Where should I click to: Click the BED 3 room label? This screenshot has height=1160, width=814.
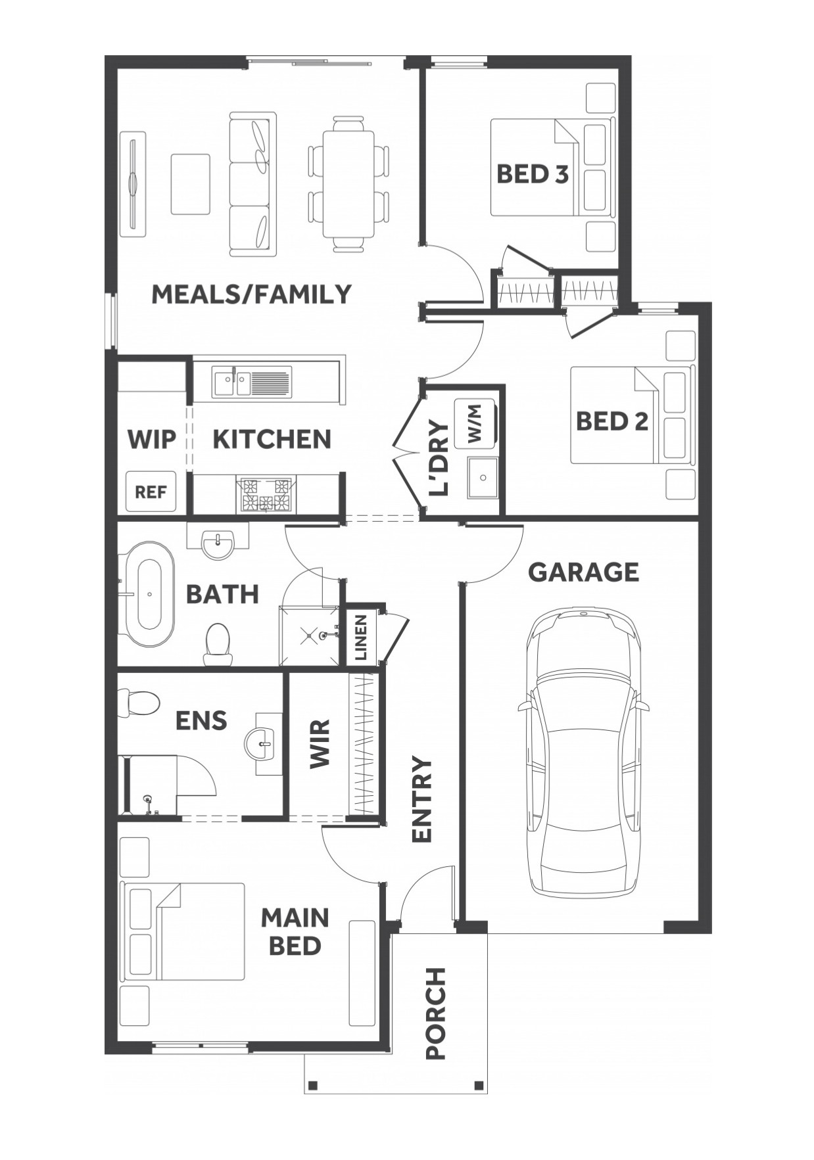[x=532, y=174]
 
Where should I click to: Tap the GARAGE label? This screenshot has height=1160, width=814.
[x=583, y=572]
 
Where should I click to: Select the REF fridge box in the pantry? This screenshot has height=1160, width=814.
[x=151, y=492]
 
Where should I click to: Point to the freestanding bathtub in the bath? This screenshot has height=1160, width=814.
[x=147, y=594]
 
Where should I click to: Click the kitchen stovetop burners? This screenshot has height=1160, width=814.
[x=266, y=495]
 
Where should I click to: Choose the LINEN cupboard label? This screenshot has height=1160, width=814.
[x=360, y=637]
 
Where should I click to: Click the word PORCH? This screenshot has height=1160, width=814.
[x=435, y=1013]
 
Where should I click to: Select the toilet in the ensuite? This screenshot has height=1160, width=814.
[x=138, y=701]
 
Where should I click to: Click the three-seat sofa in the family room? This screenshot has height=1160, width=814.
[x=252, y=184]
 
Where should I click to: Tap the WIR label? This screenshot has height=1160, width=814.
[x=320, y=744]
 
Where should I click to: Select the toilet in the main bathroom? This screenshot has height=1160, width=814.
[x=217, y=644]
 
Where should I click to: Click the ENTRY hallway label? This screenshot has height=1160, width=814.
[x=421, y=800]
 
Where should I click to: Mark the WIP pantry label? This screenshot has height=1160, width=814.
[x=152, y=439]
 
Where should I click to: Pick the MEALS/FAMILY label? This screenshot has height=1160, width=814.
[x=252, y=294]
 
